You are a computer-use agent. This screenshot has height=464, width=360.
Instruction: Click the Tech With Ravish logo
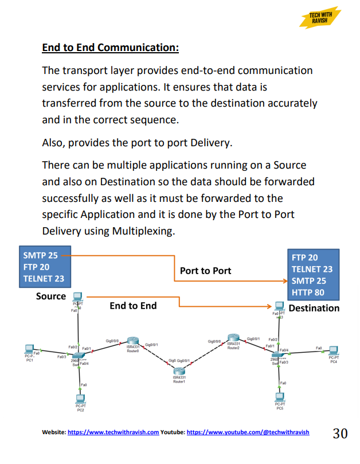pos(320,17)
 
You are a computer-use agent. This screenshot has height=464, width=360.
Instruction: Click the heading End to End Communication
pos(111,47)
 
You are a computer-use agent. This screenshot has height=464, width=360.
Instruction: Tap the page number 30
pos(340,433)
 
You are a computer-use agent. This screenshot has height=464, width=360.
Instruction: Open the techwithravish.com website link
pos(113,432)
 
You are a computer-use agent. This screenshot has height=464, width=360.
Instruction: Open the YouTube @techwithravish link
pos(248,432)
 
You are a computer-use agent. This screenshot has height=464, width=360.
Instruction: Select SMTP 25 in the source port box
pos(40,255)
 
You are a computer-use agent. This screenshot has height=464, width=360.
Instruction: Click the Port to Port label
pos(206,270)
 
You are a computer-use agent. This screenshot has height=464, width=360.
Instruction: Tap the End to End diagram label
pos(133,306)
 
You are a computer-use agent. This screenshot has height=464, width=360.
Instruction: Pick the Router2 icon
pos(232,338)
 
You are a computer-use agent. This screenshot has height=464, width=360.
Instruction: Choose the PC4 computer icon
pos(333,350)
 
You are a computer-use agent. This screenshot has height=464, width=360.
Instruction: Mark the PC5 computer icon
pos(280,396)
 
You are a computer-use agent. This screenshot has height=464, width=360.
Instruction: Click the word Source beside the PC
pos(51,297)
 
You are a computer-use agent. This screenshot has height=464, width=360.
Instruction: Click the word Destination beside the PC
pos(314,308)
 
